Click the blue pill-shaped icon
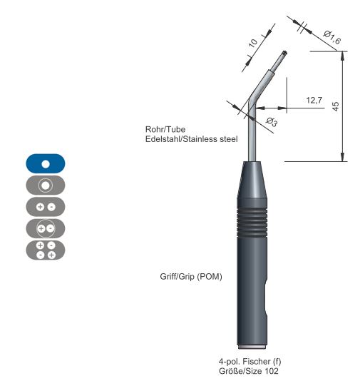(46, 163)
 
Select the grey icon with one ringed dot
(46, 186)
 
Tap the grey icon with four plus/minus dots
(46, 250)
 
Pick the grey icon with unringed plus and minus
(46, 207)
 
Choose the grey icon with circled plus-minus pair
(46, 228)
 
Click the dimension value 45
(335, 106)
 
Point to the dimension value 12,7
(314, 100)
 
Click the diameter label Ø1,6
(331, 38)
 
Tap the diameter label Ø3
(272, 122)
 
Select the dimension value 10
(252, 43)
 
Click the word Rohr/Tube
(165, 129)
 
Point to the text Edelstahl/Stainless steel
(192, 139)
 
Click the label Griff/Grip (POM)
(191, 277)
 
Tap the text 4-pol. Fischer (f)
(250, 362)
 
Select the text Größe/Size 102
(249, 371)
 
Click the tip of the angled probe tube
(284, 53)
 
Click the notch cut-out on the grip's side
(266, 298)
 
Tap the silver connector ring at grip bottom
(252, 347)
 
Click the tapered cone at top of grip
(252, 180)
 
